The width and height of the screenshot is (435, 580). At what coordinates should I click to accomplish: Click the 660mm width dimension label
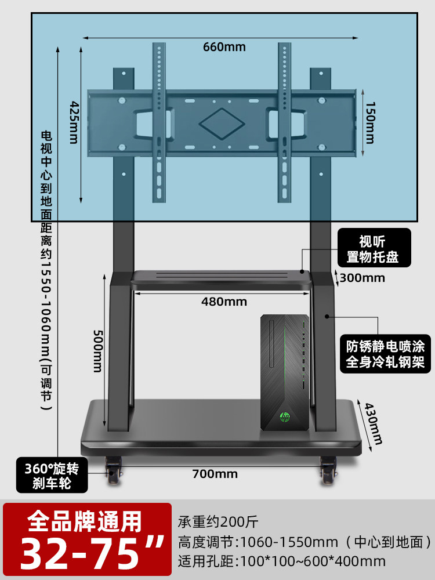tap(224, 47)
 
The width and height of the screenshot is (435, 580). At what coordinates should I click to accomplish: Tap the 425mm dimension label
tap(74, 122)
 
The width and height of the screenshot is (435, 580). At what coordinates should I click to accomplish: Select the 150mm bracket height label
tap(370, 122)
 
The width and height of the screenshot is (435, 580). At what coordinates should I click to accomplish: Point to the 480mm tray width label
tap(224, 302)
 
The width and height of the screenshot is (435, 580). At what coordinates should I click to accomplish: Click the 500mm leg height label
tap(97, 351)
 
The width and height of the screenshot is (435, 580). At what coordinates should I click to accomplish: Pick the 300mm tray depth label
tap(362, 278)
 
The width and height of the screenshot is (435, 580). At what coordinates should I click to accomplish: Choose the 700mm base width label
tap(215, 474)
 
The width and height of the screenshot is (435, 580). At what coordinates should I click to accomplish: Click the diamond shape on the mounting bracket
tap(222, 124)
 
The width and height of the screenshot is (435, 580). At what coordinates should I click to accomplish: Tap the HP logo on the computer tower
tap(285, 417)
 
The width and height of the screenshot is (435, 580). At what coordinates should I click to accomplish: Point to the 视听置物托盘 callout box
tap(374, 248)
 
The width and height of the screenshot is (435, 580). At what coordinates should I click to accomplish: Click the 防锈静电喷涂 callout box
tap(385, 354)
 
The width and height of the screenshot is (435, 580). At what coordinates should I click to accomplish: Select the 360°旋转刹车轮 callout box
tap(52, 475)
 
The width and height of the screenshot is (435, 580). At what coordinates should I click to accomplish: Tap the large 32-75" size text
tap(92, 553)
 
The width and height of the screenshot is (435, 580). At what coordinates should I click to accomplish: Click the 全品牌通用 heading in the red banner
tap(85, 521)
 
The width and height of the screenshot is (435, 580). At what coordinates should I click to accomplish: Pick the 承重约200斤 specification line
tap(218, 522)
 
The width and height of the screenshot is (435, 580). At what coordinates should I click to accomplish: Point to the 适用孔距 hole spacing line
tap(282, 561)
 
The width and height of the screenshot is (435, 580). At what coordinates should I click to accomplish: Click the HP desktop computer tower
tap(285, 372)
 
